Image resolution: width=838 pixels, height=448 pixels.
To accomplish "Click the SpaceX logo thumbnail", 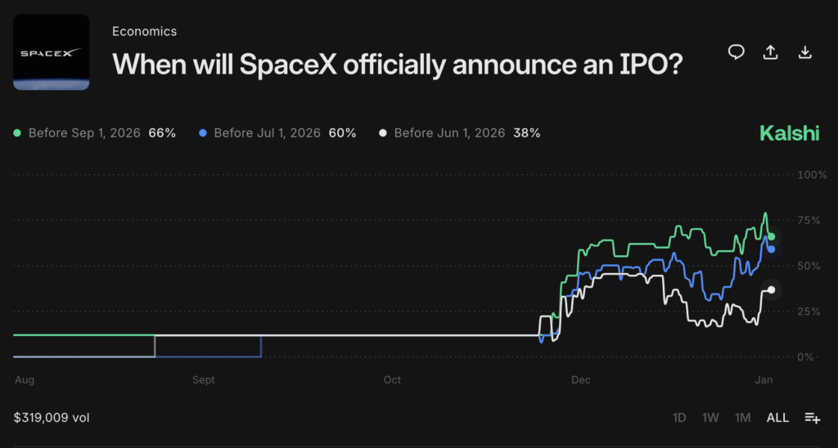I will click(x=52, y=52).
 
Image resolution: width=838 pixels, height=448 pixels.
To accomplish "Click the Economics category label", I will click(x=144, y=31).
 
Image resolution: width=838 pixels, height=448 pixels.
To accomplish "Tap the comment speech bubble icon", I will click(x=736, y=52).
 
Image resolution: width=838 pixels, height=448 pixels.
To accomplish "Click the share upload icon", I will click(x=770, y=52).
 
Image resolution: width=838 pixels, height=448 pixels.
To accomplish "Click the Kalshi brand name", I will click(x=789, y=133).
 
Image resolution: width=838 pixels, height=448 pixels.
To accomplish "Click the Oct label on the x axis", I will click(x=392, y=380).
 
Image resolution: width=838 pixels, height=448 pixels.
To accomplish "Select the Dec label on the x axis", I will click(x=580, y=380).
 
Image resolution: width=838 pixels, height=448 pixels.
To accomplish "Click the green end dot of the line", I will click(x=771, y=236).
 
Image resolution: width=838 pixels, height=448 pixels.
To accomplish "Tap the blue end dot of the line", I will click(x=771, y=249).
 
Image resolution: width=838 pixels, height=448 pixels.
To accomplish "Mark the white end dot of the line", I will click(x=771, y=290).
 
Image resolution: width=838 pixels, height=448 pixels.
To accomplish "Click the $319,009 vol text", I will click(x=52, y=418).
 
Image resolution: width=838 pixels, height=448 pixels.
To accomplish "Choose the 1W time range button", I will click(x=710, y=418).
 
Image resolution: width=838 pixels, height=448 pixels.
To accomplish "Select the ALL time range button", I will click(x=777, y=418).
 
